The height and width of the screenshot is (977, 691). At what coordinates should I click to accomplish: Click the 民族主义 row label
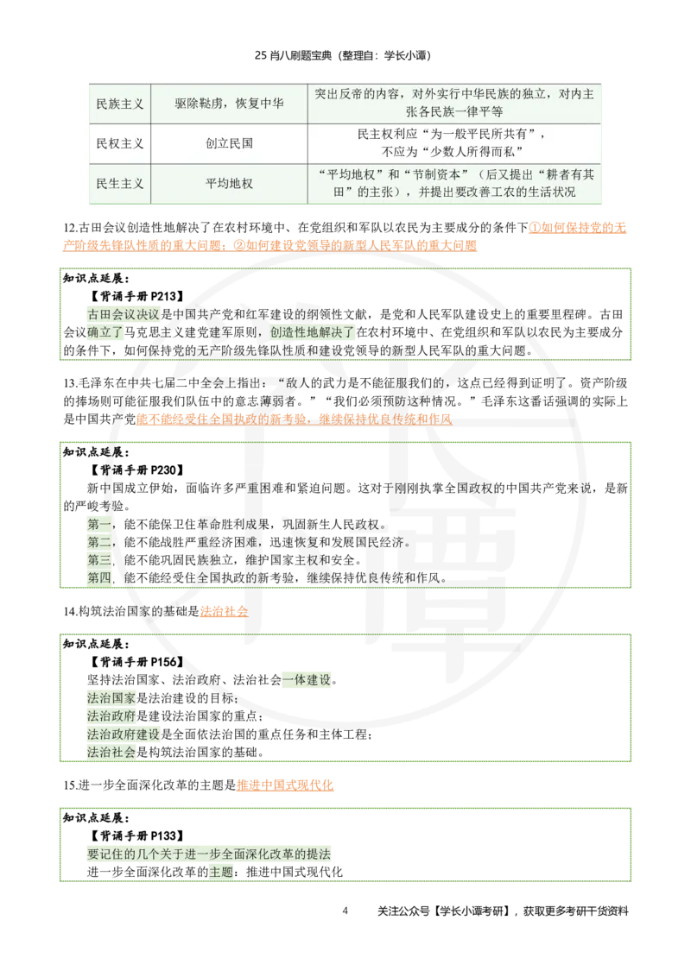click(119, 104)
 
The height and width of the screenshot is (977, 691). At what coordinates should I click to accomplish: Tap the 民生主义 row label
click(119, 184)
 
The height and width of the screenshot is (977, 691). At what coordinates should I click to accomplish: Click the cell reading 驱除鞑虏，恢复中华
click(229, 104)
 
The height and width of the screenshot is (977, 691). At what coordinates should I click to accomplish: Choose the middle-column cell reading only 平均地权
click(229, 184)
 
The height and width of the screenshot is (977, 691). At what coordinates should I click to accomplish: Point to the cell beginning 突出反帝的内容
click(453, 104)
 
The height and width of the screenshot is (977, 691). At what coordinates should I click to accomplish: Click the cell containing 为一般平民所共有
click(453, 143)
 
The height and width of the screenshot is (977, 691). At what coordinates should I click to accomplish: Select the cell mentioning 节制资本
click(453, 184)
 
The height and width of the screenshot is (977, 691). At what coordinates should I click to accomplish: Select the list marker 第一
click(99, 524)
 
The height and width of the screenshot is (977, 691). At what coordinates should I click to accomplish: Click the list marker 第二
click(99, 542)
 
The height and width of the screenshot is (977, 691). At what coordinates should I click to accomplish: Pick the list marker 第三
click(99, 560)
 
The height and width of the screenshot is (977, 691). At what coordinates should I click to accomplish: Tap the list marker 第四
click(99, 578)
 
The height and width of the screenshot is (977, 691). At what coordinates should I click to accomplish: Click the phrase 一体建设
click(307, 680)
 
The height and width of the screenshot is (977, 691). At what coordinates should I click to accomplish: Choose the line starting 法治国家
click(111, 698)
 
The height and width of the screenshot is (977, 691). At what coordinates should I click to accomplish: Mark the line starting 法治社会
click(111, 753)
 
